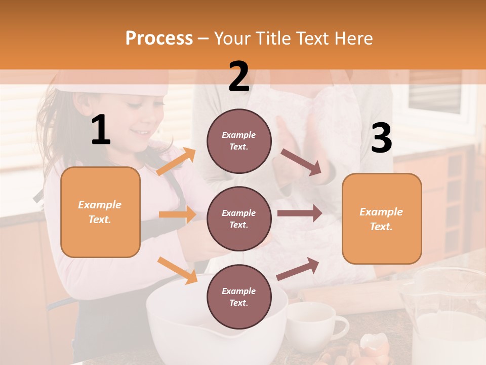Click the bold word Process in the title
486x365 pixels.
pyautogui.click(x=159, y=39)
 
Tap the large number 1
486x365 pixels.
pyautogui.click(x=101, y=130)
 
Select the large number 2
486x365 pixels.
pyautogui.click(x=239, y=77)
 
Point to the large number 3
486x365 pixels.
pyautogui.click(x=381, y=138)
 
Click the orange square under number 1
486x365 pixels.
pyautogui.click(x=100, y=212)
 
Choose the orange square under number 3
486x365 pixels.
pyautogui.click(x=382, y=218)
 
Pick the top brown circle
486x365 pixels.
pyautogui.click(x=239, y=141)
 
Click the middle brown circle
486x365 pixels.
pyautogui.click(x=239, y=219)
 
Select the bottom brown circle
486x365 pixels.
pyautogui.click(x=239, y=297)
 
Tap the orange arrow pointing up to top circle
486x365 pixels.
pyautogui.click(x=176, y=162)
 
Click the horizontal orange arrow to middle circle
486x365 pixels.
pyautogui.click(x=177, y=214)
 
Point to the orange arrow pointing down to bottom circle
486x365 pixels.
pyautogui.click(x=177, y=270)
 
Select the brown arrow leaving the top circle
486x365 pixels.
pyautogui.click(x=301, y=163)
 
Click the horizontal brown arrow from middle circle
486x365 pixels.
pyautogui.click(x=299, y=212)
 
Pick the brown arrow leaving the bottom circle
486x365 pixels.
pyautogui.click(x=298, y=269)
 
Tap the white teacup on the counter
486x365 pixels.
pyautogui.click(x=314, y=324)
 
